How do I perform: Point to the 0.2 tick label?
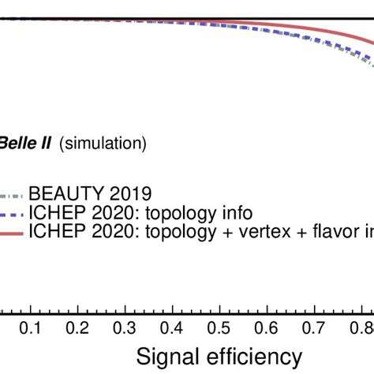pos(77,327)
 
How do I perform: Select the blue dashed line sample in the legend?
pos(11,213)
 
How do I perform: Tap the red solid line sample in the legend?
pos(11,231)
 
